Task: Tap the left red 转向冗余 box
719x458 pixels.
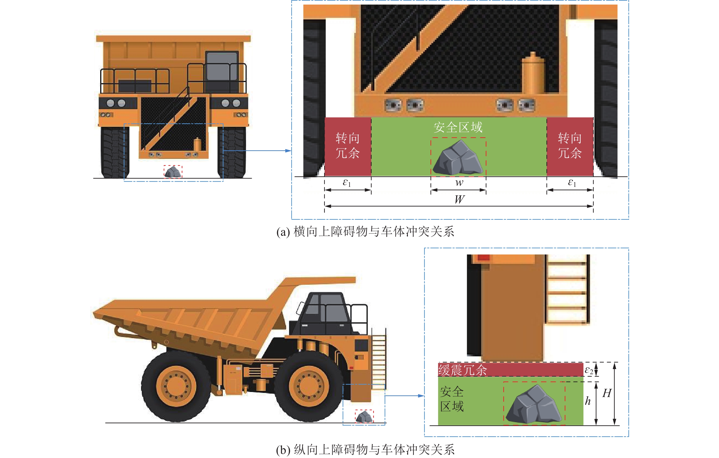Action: [x=348, y=146]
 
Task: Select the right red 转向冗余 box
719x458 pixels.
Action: [x=570, y=146]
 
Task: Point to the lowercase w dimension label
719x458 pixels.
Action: [x=459, y=183]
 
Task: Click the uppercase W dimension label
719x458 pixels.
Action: [x=459, y=199]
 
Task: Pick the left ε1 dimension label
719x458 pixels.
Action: [x=347, y=183]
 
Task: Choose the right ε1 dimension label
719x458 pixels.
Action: [x=572, y=183]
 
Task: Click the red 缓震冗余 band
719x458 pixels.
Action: [x=510, y=370]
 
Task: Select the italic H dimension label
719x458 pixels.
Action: [x=607, y=393]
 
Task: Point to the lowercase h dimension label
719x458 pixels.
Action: [x=588, y=401]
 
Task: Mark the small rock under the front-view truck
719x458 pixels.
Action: [x=173, y=172]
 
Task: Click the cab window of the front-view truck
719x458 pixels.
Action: [x=222, y=66]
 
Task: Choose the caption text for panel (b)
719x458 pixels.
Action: [x=365, y=450]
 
